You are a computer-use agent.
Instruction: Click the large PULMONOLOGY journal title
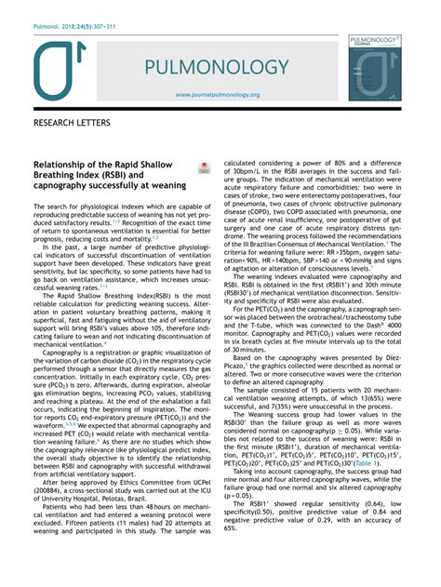tap(229, 67)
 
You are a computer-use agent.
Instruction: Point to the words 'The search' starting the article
tap(52, 206)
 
